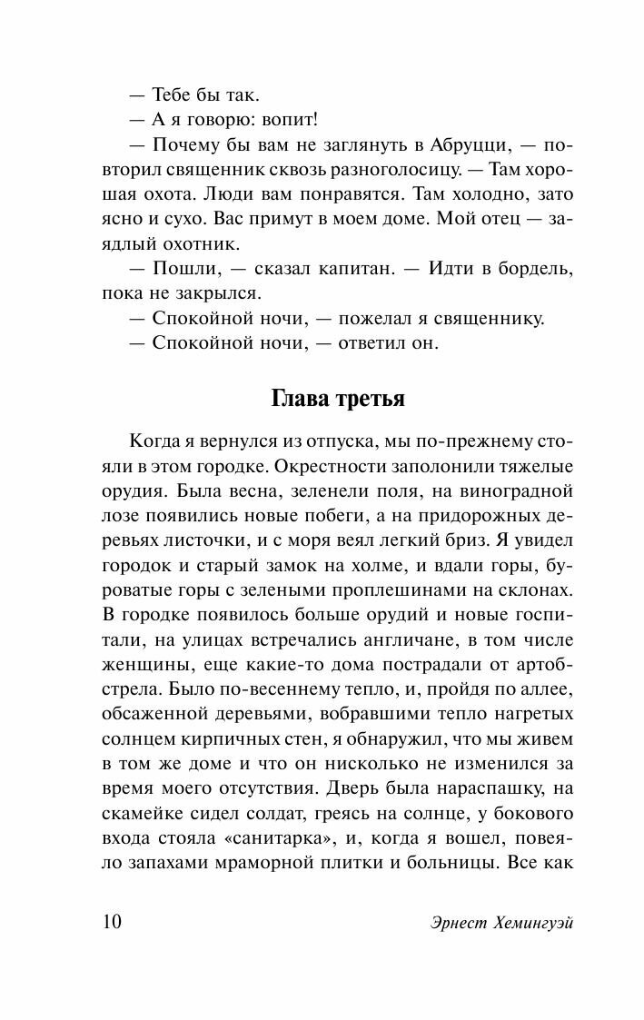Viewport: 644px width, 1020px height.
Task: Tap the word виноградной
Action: point(520,491)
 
